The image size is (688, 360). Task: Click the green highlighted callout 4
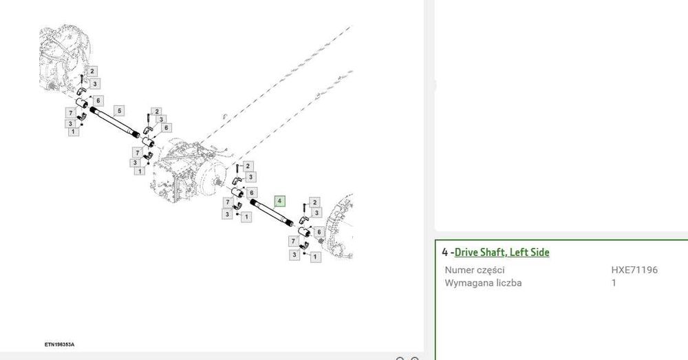(280, 201)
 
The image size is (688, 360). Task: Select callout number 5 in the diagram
(119, 111)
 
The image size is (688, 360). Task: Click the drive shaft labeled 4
(272, 213)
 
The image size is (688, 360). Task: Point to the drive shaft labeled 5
(115, 123)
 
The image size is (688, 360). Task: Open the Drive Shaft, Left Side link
(502, 252)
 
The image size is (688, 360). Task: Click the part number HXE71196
(634, 270)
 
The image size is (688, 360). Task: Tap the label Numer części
(475, 270)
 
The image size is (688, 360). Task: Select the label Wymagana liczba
(483, 283)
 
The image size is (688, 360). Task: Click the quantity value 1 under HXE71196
(614, 283)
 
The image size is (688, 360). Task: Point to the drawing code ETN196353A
(59, 345)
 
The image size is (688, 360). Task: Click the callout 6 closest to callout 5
(98, 100)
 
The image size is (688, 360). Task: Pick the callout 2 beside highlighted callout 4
(314, 202)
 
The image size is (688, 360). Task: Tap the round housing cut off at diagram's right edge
(340, 226)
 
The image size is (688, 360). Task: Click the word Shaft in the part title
(493, 252)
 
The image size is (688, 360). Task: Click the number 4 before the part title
(445, 252)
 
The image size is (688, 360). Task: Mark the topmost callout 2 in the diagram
(92, 71)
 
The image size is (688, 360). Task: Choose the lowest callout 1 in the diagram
(315, 256)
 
